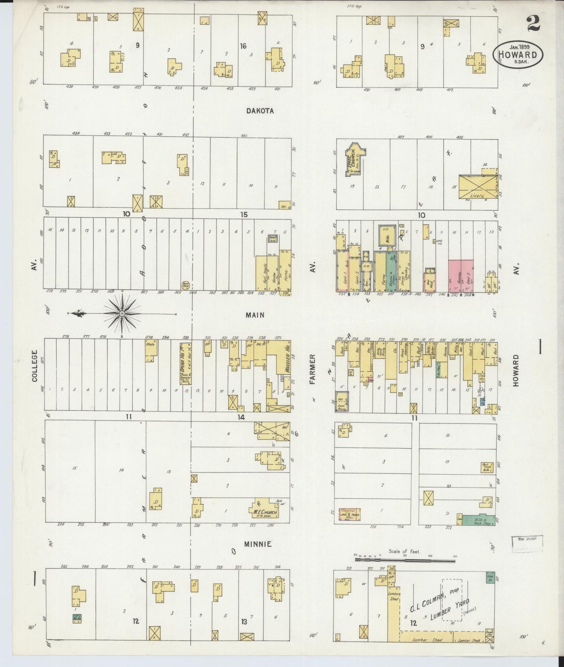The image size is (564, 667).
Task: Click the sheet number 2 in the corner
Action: pyautogui.click(x=533, y=24)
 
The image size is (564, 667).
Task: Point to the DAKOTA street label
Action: pyautogui.click(x=260, y=111)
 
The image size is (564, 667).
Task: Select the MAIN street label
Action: pyautogui.click(x=255, y=315)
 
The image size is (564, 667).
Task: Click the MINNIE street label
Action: pyautogui.click(x=258, y=544)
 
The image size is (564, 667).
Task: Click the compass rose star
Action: pyautogui.click(x=122, y=314)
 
